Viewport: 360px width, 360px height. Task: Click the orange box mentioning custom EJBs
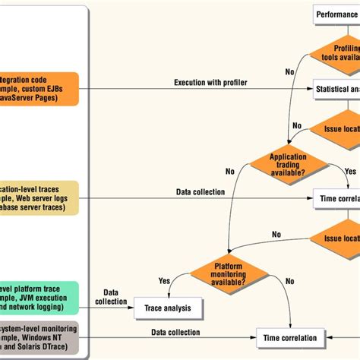tap(38, 90)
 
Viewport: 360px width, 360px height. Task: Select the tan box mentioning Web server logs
tap(38, 197)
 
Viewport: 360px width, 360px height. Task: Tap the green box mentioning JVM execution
tap(38, 298)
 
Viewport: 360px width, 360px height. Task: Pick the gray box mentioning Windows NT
tap(38, 337)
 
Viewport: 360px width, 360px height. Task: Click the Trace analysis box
tap(169, 308)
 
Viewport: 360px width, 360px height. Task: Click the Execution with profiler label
tap(210, 82)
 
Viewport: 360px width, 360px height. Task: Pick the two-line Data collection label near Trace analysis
tap(111, 297)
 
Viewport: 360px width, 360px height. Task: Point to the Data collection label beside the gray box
tap(175, 332)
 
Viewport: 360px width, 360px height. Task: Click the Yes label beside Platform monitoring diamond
tap(164, 280)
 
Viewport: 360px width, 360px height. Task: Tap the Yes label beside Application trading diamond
tap(350, 171)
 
